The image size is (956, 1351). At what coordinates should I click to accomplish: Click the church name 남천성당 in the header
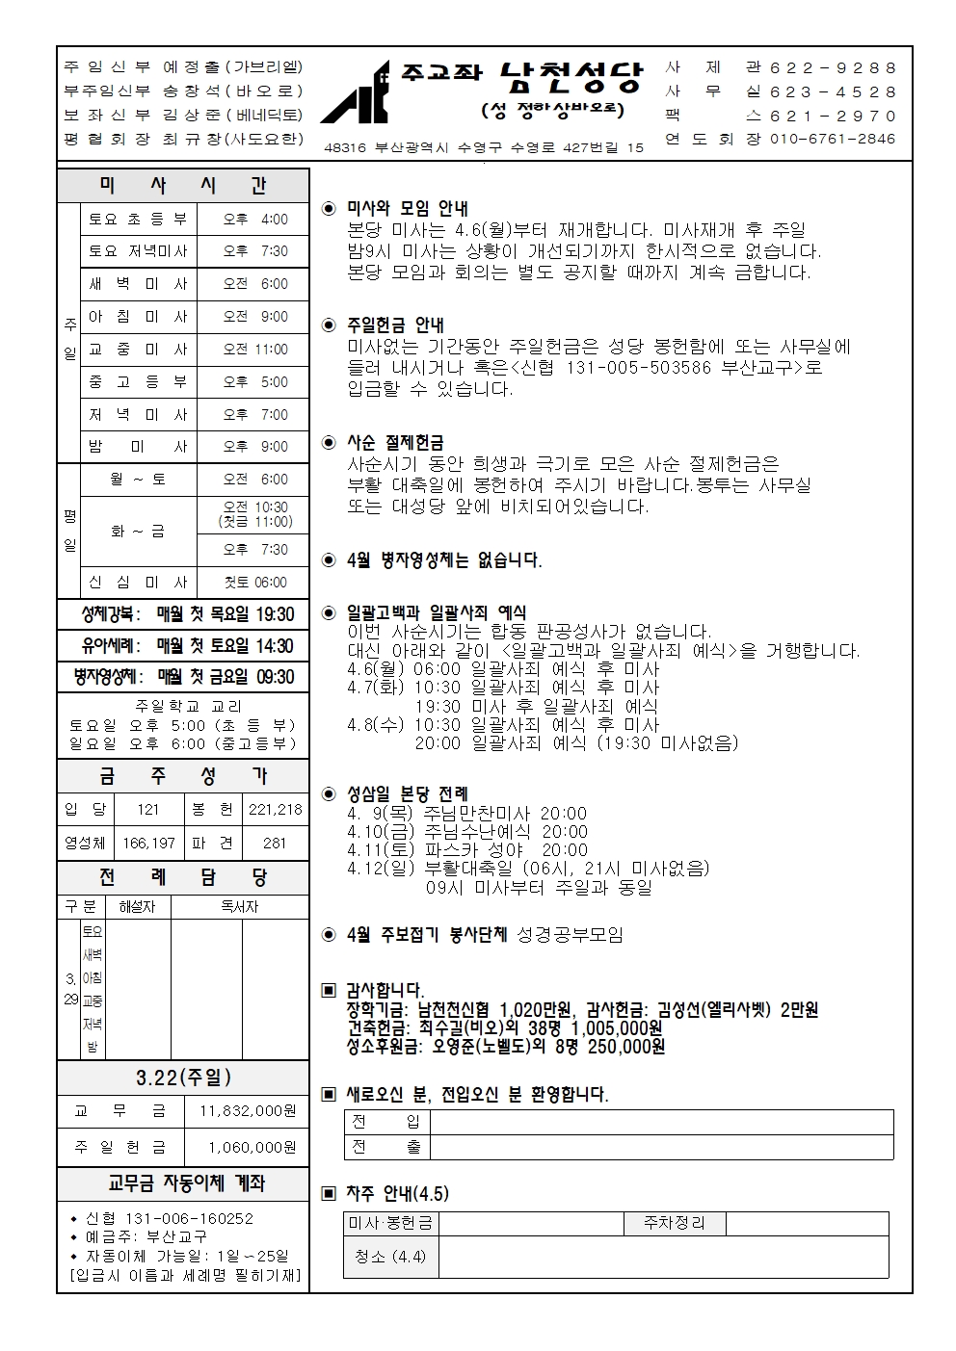click(x=571, y=77)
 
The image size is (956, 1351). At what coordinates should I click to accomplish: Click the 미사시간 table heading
click(x=183, y=185)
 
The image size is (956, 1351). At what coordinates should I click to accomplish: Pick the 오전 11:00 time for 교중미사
click(x=254, y=350)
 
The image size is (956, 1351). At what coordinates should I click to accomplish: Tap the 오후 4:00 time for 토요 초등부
click(x=254, y=220)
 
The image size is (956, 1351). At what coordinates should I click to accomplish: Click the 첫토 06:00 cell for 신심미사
click(x=254, y=583)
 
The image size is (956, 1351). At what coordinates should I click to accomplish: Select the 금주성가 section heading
click(x=183, y=776)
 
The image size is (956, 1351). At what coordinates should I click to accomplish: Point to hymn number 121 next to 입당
click(x=147, y=810)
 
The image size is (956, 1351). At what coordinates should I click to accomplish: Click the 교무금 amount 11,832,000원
click(x=248, y=1111)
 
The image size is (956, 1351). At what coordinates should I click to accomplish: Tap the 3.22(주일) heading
click(x=183, y=1078)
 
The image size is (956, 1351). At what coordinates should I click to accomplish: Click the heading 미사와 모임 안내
click(x=407, y=208)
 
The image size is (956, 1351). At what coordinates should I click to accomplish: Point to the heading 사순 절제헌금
click(x=395, y=443)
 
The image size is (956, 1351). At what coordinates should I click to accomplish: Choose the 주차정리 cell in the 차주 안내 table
click(x=674, y=1223)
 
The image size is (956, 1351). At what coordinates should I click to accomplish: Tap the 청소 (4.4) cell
click(x=389, y=1257)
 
